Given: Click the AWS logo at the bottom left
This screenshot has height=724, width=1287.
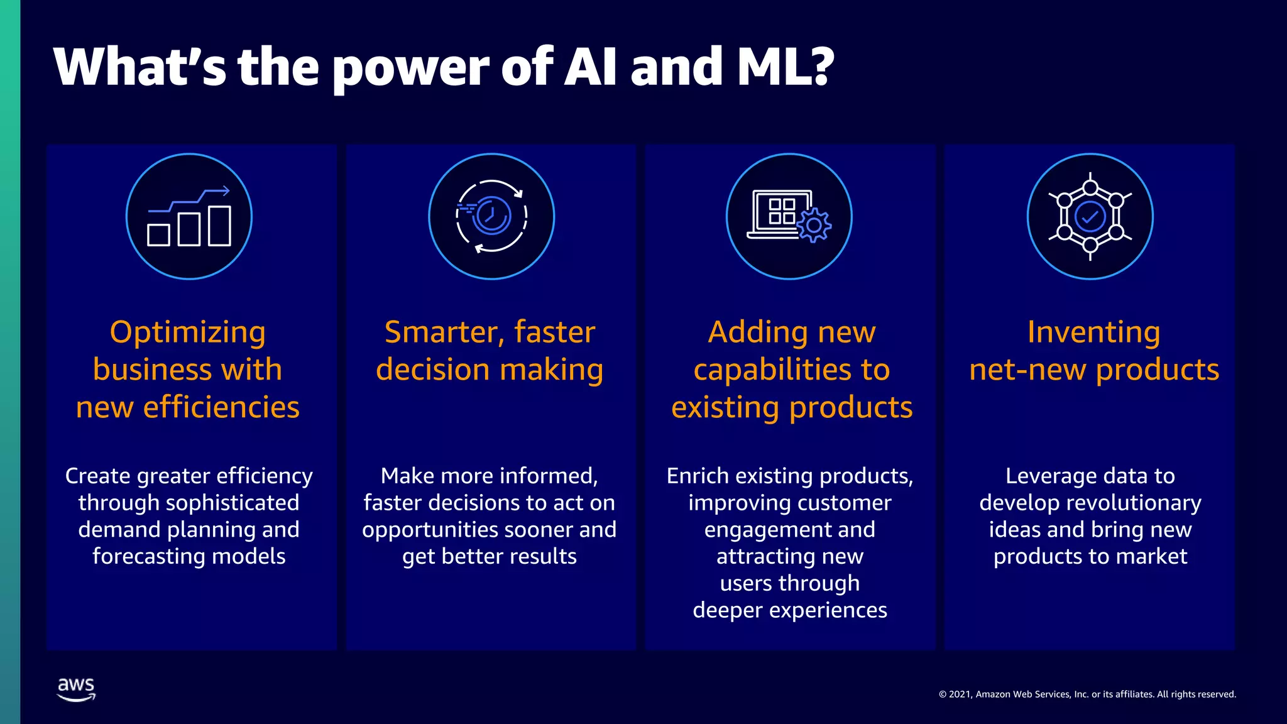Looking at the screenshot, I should click(x=76, y=689).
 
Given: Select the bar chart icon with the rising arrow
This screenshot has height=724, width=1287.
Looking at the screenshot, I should click(x=189, y=217).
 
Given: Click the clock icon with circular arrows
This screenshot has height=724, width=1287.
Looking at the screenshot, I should click(x=491, y=216).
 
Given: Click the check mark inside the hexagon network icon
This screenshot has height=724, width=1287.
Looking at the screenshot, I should click(x=1090, y=217).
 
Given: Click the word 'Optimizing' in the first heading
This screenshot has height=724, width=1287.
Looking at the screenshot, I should click(x=187, y=332).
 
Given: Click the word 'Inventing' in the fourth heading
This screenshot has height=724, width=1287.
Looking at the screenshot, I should click(x=1093, y=332).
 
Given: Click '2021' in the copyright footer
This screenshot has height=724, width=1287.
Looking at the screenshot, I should click(x=960, y=694).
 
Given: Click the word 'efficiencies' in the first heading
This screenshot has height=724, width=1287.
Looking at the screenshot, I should click(x=221, y=407).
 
